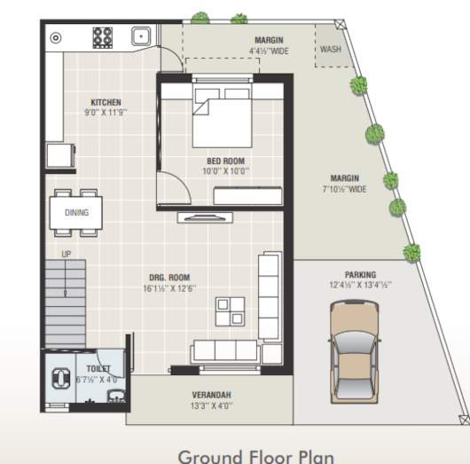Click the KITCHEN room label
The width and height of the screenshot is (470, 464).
click(106, 102)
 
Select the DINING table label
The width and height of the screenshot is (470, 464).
click(76, 212)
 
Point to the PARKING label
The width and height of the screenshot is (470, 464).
click(360, 275)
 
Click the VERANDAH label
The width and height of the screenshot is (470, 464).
click(212, 395)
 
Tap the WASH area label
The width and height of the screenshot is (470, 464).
click(330, 50)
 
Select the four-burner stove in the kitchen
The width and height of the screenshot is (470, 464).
click(103, 36)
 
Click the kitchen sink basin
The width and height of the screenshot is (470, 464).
click(140, 36)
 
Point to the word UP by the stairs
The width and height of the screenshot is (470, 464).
click(65, 255)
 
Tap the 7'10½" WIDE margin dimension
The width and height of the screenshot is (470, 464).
click(344, 189)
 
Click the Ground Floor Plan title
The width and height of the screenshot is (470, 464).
click(256, 456)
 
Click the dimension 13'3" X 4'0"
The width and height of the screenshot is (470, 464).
click(212, 406)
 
